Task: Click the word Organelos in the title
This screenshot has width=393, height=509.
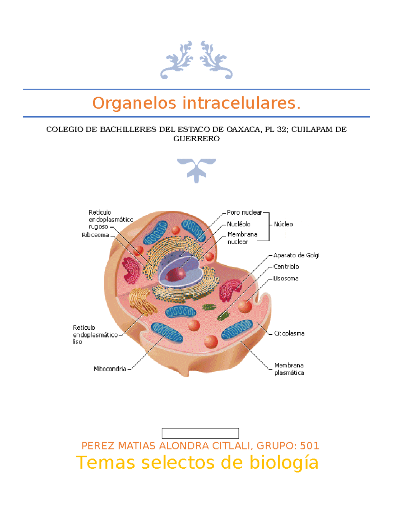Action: point(135,103)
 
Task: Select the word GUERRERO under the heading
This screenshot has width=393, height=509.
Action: point(196,139)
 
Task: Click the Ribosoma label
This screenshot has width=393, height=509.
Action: point(95,235)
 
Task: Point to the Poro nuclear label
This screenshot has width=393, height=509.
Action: point(244,212)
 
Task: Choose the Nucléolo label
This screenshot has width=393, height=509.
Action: point(239,224)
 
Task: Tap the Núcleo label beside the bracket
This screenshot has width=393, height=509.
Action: point(283,224)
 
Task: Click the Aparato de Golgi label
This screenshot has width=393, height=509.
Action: point(296,255)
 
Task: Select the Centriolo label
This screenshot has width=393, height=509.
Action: point(286,267)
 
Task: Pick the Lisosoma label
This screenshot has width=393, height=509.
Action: point(286,279)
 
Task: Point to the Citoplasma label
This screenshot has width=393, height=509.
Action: point(289,333)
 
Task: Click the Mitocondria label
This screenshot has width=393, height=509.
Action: point(110,369)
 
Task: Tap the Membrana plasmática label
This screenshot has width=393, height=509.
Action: point(289,369)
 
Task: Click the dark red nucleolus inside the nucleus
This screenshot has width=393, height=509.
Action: point(176,275)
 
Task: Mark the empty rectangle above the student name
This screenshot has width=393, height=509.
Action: point(200,433)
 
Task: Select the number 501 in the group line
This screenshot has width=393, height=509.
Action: point(309,446)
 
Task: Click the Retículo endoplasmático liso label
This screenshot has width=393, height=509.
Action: point(95,335)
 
